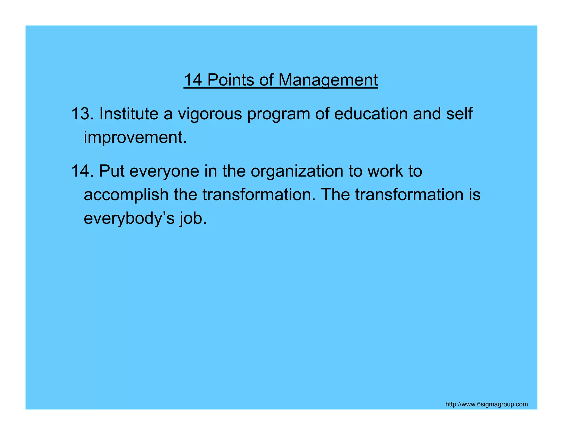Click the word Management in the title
coord(328,80)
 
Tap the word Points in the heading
coord(231,80)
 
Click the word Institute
coord(129,114)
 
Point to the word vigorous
coord(210,114)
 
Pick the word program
coord(278,114)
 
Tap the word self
coord(459,114)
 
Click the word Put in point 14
coord(112,171)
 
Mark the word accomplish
coord(126,195)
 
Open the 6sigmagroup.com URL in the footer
coord(486,404)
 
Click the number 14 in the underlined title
coord(193,80)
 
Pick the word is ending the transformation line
coord(475,194)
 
